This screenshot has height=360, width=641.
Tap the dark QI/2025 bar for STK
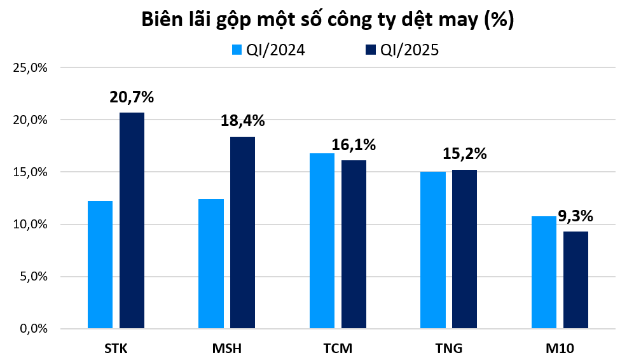coord(132,221)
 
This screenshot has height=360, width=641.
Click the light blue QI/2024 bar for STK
coord(100,265)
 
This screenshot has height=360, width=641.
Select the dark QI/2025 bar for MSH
coord(242,233)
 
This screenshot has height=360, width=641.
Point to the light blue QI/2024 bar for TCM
coord(322,241)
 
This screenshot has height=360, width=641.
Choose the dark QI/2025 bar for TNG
coord(464,249)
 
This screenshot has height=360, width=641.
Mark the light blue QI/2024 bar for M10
coord(544,272)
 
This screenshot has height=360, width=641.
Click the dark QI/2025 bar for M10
coord(576,280)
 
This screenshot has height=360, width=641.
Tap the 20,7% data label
coord(132,97)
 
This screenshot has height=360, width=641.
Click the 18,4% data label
coord(242,121)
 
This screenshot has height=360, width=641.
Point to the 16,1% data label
coord(354,145)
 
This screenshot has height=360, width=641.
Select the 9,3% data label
coord(575,216)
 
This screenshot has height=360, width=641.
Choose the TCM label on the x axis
coord(338,348)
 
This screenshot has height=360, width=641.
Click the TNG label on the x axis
coord(449,348)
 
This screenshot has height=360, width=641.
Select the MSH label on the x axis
coord(227,348)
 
